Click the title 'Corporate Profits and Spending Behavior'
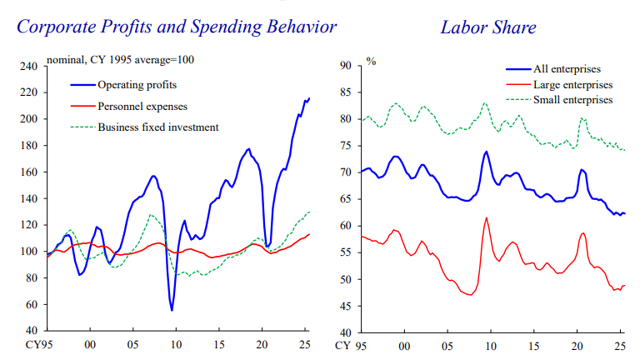[177, 27]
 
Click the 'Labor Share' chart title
[488, 27]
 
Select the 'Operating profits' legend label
[137, 85]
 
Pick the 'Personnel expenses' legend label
[142, 106]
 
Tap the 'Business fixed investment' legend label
[158, 127]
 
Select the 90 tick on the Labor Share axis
[344, 66]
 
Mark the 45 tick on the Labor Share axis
[344, 305]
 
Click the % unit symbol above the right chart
[371, 62]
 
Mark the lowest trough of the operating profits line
[172, 311]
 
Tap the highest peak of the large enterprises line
[487, 218]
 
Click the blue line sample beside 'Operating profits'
[82, 85]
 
